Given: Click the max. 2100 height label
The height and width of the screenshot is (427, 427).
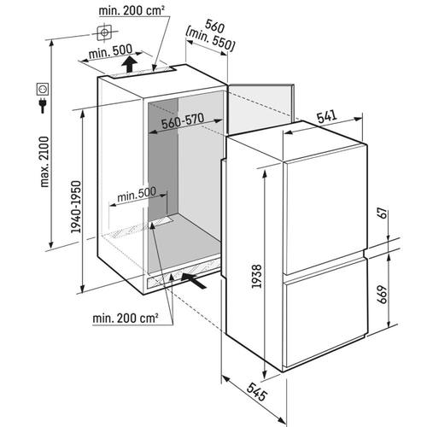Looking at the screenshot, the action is pyautogui.click(x=44, y=161).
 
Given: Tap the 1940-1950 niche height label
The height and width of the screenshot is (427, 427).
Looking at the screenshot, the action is pyautogui.click(x=76, y=207).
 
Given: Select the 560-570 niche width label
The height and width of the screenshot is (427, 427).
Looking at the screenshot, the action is pyautogui.click(x=183, y=121).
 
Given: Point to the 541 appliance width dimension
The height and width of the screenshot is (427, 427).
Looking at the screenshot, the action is pyautogui.click(x=327, y=117).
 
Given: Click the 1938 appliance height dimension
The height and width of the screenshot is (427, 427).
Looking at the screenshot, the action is pyautogui.click(x=257, y=276).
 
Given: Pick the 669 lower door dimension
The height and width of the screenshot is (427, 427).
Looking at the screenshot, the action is pyautogui.click(x=383, y=294).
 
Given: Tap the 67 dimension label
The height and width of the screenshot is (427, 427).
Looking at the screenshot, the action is pyautogui.click(x=383, y=213).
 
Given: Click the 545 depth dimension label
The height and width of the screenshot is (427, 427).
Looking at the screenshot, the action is pyautogui.click(x=257, y=392).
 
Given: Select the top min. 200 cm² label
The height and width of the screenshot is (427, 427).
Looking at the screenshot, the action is pyautogui.click(x=132, y=11).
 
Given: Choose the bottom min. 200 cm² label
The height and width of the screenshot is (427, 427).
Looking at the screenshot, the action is pyautogui.click(x=126, y=318).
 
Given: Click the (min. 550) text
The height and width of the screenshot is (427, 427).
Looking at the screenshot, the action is pyautogui.click(x=210, y=40).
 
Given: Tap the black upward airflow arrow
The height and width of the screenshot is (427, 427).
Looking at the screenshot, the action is pyautogui.click(x=129, y=64).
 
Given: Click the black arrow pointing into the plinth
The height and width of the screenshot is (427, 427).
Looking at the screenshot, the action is pyautogui.click(x=194, y=280).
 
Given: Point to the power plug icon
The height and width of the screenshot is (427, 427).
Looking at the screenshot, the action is pyautogui.click(x=43, y=105).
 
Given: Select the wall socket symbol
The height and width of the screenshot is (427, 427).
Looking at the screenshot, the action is pyautogui.click(x=43, y=89).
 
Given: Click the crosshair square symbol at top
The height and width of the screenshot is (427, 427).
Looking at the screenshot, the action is pyautogui.click(x=104, y=32).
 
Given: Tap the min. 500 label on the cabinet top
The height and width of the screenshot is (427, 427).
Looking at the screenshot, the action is pyautogui.click(x=110, y=51).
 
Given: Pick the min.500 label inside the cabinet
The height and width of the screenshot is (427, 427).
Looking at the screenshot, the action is pyautogui.click(x=137, y=194).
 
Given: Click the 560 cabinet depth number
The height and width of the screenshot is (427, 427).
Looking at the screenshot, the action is pyautogui.click(x=215, y=26).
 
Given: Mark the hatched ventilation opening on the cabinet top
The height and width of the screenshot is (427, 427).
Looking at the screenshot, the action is pyautogui.click(x=142, y=73).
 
